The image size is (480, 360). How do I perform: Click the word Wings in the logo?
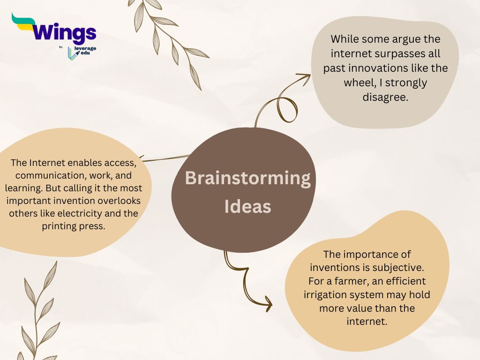[64, 32]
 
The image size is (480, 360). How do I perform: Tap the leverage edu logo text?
[85, 51]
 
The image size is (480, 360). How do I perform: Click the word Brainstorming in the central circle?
[247, 179]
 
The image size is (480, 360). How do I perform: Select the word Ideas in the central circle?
[247, 207]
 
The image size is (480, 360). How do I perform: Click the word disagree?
[385, 97]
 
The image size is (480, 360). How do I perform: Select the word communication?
[51, 175]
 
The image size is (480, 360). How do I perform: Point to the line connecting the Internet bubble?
[165, 158]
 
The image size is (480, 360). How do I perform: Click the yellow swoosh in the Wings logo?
[23, 26]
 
